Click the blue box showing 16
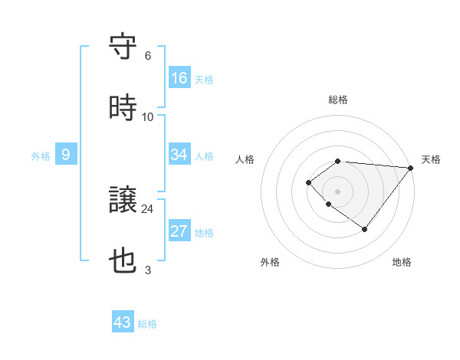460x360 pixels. click(179, 77)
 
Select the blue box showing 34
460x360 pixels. click(179, 155)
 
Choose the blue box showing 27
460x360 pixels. click(179, 231)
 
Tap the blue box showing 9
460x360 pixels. click(66, 155)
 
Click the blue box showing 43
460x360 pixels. click(123, 322)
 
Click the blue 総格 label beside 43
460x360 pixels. click(148, 324)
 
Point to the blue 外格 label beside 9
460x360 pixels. click(40, 156)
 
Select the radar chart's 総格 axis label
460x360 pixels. click(338, 100)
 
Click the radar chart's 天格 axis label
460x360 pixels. click(431, 159)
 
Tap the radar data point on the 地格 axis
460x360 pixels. click(365, 229)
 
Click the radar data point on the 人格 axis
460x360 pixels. click(308, 182)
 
